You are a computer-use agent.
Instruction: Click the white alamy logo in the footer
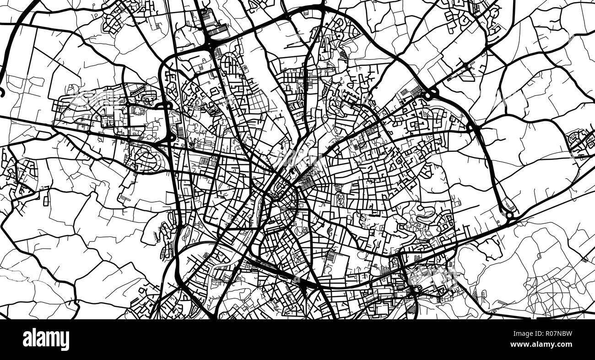click(46, 339)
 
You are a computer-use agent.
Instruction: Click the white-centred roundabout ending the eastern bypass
click(508, 215)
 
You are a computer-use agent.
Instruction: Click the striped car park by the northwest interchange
click(218, 30)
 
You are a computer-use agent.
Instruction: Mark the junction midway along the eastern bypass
click(471, 128)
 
